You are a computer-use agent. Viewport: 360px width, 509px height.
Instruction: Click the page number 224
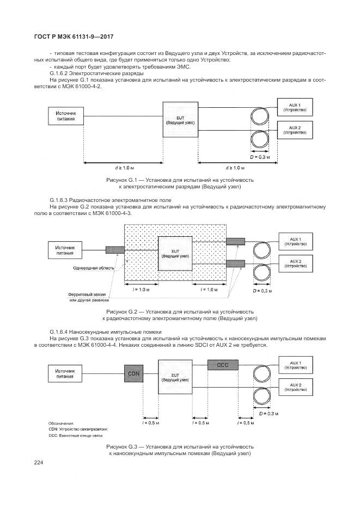pyautogui.click(x=38, y=463)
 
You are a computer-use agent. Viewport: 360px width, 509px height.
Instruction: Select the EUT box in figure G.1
pyautogui.click(x=180, y=120)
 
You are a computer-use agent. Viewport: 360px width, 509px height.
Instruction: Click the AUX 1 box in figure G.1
pyautogui.click(x=295, y=107)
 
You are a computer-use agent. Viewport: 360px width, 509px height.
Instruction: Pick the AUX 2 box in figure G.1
pyautogui.click(x=295, y=130)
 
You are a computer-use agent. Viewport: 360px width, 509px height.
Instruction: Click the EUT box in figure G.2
pyautogui.click(x=174, y=253)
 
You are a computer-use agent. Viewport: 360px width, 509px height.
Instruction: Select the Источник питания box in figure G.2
pyautogui.click(x=66, y=249)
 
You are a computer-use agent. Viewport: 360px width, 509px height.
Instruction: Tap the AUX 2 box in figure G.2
pyautogui.click(x=295, y=262)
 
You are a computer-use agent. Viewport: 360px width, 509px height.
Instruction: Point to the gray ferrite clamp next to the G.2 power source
pyautogui.click(x=114, y=250)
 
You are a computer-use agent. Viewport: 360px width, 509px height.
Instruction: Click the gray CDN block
pyautogui.click(x=133, y=374)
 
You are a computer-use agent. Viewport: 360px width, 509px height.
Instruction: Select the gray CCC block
pyautogui.click(x=223, y=365)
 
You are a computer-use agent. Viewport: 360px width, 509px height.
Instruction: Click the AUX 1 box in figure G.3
pyautogui.click(x=295, y=365)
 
